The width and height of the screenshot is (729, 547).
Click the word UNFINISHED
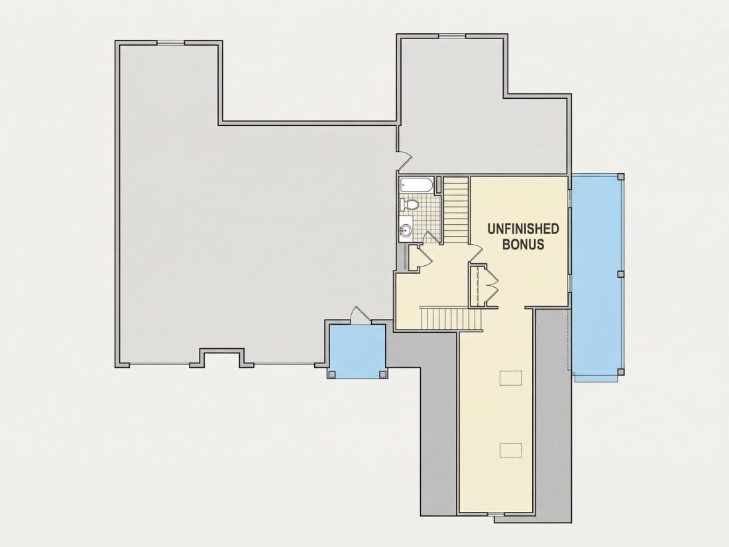(x=523, y=229)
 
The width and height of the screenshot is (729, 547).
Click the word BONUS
(x=524, y=245)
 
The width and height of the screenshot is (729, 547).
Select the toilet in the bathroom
(x=409, y=204)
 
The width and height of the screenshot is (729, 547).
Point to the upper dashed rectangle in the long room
(x=511, y=377)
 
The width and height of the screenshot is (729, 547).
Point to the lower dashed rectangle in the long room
(x=511, y=450)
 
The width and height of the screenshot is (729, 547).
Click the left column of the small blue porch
(x=331, y=375)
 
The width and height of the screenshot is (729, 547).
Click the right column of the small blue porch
(x=382, y=375)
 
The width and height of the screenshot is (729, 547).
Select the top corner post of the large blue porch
(x=620, y=176)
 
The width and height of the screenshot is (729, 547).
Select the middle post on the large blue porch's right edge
(x=620, y=274)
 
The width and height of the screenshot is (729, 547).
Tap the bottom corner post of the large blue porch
(x=620, y=372)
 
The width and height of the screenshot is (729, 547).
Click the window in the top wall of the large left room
(x=170, y=43)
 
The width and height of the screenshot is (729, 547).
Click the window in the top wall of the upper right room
(x=453, y=35)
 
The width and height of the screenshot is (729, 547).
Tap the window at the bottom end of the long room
(x=496, y=513)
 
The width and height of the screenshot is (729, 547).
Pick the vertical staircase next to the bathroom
(x=455, y=210)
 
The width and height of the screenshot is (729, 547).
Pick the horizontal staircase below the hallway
(x=451, y=318)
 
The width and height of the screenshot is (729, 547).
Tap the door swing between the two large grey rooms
(x=404, y=160)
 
